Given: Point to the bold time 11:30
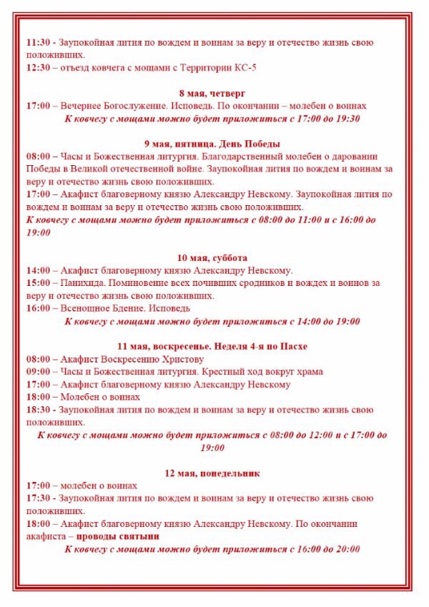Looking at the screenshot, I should (x=38, y=42).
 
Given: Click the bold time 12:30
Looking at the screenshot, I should (x=38, y=68).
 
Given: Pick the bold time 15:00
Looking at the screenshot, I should (x=38, y=283).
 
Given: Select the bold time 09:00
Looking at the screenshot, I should (x=38, y=372).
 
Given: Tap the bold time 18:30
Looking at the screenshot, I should (x=38, y=410).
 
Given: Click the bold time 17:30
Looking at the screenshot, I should (x=38, y=498).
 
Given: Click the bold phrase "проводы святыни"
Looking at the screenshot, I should (x=118, y=536).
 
